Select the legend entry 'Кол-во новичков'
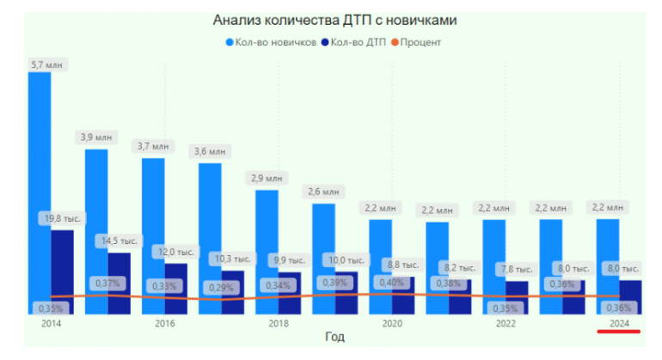[276, 41]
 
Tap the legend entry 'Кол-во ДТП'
[356, 41]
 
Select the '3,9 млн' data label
[96, 137]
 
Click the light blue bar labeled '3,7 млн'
[153, 223]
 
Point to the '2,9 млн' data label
[267, 179]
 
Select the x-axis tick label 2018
[279, 324]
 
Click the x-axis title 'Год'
[334, 337]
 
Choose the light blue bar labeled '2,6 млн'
[323, 249]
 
